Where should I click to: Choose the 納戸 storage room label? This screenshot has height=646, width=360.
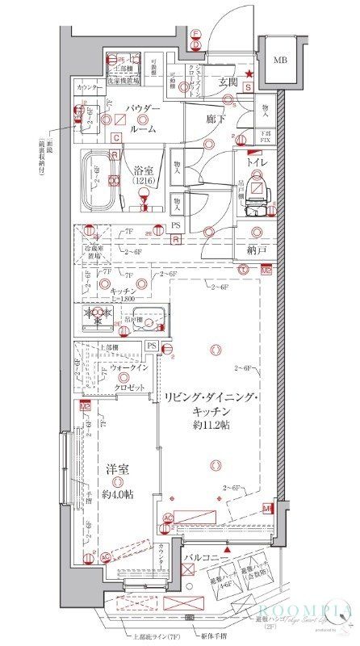tap(257, 251)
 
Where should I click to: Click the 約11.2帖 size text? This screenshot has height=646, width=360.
tap(212, 425)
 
